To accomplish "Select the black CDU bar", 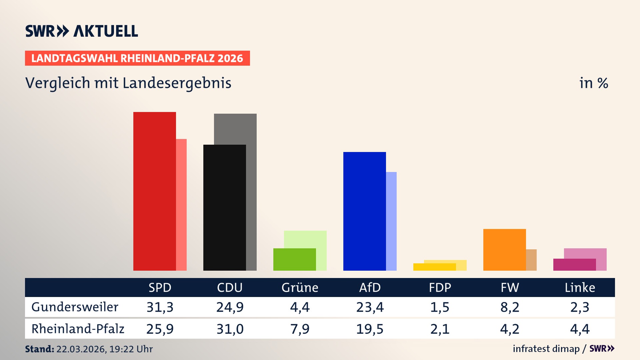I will tap(224, 207).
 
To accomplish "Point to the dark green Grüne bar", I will tap(294, 259).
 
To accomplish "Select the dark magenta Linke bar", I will tap(574, 264).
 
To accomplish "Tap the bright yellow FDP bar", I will tap(434, 267).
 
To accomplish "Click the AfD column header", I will tap(370, 287).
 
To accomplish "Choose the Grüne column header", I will tap(300, 287).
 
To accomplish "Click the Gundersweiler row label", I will tap(75, 307).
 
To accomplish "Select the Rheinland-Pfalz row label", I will tap(78, 329).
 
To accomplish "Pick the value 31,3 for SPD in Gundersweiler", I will tap(160, 307).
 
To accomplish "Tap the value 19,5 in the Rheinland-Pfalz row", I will tap(370, 329).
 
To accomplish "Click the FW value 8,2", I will tap(510, 307).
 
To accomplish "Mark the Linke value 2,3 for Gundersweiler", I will tap(580, 307).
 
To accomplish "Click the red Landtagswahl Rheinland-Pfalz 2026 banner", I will tap(137, 58).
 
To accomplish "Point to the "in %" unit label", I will tap(593, 83).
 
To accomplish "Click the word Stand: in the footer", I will tap(39, 349).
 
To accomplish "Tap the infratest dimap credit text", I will tap(546, 349).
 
